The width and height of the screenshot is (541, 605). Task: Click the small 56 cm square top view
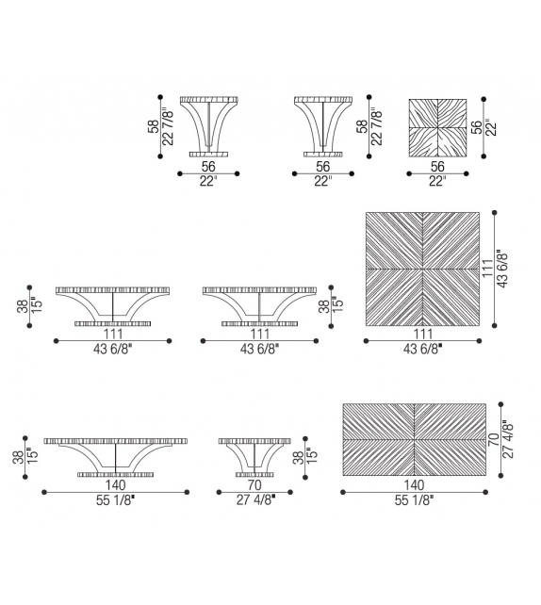click(x=437, y=128)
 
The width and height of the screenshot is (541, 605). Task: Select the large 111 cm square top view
click(x=422, y=269)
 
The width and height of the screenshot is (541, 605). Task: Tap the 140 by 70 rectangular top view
click(x=414, y=439)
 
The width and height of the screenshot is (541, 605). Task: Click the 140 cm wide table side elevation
click(x=115, y=458)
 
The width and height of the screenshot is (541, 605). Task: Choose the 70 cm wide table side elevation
click(x=254, y=458)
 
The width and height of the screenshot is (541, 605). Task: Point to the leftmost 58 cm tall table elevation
click(x=208, y=127)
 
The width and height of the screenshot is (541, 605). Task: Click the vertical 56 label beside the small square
click(x=477, y=127)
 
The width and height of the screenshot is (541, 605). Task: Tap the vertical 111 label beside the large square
click(x=488, y=269)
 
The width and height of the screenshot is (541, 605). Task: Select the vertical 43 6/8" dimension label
click(x=502, y=269)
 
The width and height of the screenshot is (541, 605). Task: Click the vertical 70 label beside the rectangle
click(x=494, y=440)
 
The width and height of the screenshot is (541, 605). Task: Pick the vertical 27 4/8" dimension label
click(x=508, y=439)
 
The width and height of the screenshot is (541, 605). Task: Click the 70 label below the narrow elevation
click(x=254, y=485)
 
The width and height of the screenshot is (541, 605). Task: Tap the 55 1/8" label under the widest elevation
click(x=115, y=500)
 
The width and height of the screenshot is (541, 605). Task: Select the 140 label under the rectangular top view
click(x=414, y=485)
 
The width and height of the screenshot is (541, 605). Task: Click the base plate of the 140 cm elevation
click(x=115, y=475)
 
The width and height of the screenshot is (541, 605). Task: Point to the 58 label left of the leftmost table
click(x=154, y=126)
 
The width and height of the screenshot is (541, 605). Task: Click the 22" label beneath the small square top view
click(x=437, y=181)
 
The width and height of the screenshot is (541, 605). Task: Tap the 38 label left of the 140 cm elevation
click(x=19, y=458)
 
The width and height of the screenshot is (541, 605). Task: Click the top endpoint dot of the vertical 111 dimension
click(x=494, y=213)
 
